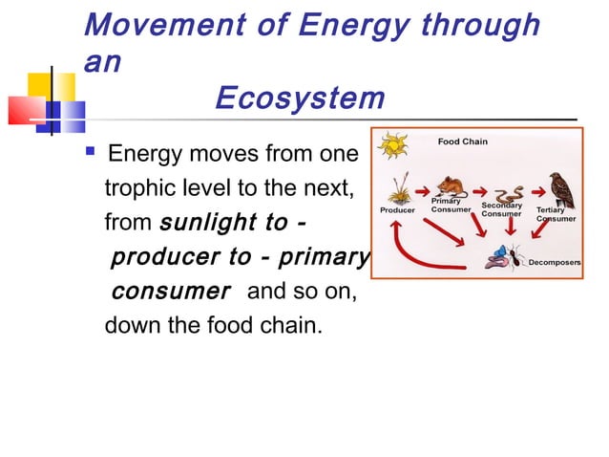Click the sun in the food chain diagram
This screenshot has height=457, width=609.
392,147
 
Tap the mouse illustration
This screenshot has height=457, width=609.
448,185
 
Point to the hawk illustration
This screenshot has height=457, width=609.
560,189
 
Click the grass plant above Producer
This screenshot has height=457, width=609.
397,187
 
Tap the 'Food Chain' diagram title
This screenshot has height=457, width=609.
462,141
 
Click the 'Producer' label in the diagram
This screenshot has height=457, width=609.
397,210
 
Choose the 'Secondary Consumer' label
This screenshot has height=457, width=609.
501,209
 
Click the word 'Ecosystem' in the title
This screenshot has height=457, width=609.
300,98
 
